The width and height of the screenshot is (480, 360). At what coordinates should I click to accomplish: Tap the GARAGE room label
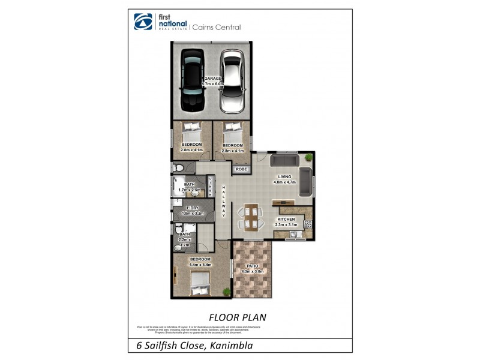213,79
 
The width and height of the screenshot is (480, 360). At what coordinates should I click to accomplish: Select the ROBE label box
241,170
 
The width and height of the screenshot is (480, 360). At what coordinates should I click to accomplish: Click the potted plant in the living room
308,157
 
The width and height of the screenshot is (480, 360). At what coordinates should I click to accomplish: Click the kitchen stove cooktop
308,224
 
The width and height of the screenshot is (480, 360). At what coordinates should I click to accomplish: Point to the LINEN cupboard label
211,186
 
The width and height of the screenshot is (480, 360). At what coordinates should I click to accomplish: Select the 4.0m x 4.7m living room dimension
284,182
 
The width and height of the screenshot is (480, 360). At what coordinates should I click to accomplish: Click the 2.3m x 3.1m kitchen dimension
286,224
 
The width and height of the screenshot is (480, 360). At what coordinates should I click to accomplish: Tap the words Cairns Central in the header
217,26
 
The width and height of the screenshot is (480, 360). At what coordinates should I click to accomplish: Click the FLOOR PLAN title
237,316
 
